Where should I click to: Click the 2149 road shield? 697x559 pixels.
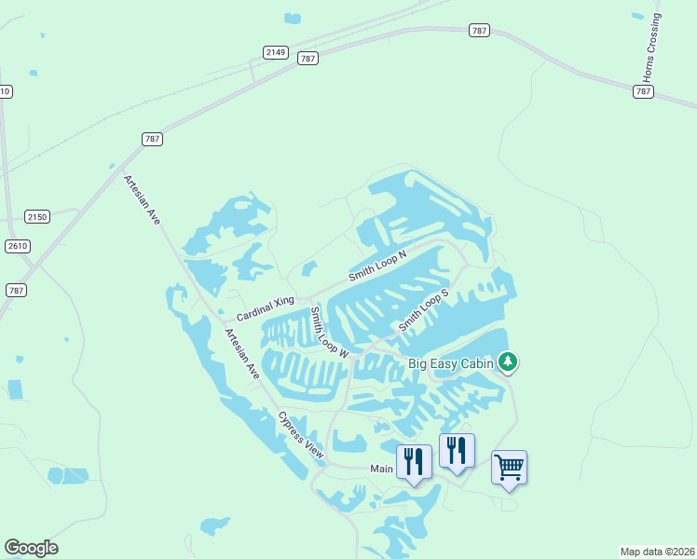click(275, 52)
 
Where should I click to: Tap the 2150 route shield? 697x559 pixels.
click(36, 216)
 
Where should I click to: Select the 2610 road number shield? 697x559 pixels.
click(17, 246)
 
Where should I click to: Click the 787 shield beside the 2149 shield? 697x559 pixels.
click(308, 58)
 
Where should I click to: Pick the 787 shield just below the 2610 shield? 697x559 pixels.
click(15, 290)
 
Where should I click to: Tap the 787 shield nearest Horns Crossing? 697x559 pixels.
click(643, 91)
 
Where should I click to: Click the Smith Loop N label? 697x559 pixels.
click(378, 266)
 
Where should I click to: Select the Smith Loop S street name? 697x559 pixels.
click(424, 310)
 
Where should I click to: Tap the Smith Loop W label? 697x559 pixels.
click(329, 333)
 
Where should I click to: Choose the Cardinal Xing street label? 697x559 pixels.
click(265, 309)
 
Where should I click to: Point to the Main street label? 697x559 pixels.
click(382, 469)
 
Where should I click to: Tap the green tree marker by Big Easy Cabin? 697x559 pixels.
click(507, 361)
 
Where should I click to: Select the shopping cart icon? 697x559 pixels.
click(509, 467)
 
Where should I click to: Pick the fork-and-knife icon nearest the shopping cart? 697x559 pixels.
click(457, 451)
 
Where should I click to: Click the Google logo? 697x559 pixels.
click(31, 548)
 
